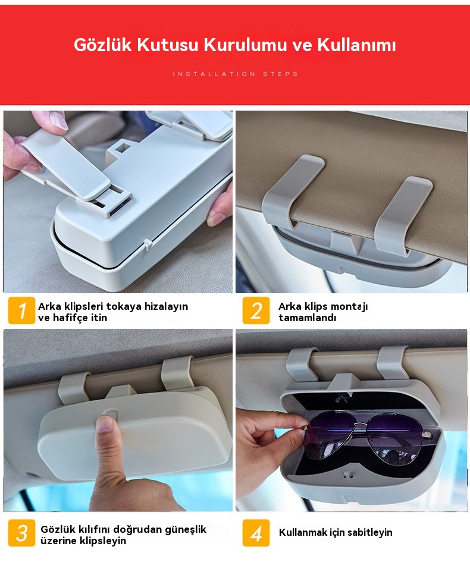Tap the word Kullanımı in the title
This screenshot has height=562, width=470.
pos(356,45)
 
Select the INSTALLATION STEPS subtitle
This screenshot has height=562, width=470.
pos(235,74)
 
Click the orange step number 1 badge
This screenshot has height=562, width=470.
pos(21,310)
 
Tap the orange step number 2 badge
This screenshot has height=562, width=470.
pos(256,310)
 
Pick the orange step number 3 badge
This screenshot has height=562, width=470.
pos(21,533)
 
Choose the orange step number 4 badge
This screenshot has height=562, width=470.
pos(256,533)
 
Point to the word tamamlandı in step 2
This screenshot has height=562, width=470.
pos(308,318)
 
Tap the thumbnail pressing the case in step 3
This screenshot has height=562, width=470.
pos(105,423)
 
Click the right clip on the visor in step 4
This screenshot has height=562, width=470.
pos(391,362)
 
